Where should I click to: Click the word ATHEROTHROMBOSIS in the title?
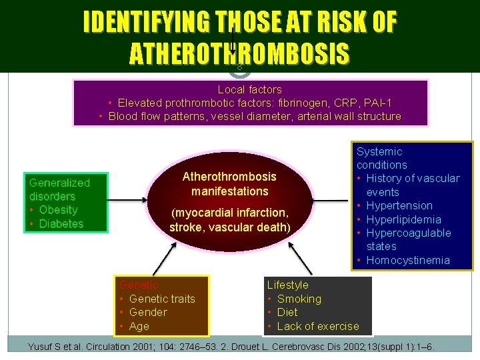pos(239,53)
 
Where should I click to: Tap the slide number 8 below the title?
pos(239,67)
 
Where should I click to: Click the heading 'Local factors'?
pos(249,89)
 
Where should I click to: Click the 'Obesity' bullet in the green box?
pos(58,210)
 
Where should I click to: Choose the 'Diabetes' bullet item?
pos(61,224)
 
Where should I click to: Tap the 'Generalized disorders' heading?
pos(59,189)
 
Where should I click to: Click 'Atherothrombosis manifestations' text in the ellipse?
pos(229,184)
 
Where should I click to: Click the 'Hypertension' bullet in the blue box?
pos(399,205)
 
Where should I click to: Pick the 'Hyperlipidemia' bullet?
pos(403,219)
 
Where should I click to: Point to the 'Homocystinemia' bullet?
pos(407,260)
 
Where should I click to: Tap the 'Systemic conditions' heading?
pos(381,158)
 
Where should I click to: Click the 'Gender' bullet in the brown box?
pos(147,312)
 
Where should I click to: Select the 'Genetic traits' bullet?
pos(161,299)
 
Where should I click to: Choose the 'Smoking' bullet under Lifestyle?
pos(299,299)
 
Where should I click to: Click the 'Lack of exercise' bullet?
pos(317,326)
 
